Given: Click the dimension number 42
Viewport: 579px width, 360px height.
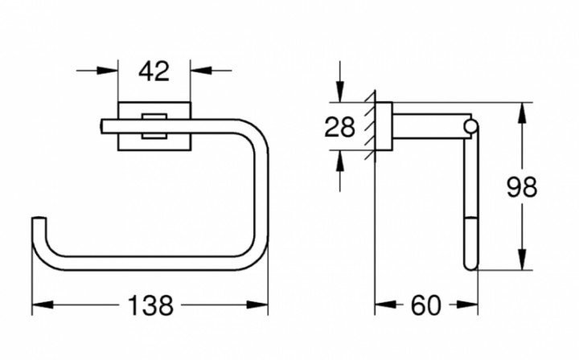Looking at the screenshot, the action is [x=154, y=72].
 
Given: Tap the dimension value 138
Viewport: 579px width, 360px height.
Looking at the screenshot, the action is [x=150, y=305].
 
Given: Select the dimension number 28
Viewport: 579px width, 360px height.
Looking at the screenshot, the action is [x=339, y=127].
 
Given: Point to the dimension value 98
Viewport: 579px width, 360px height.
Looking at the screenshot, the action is [x=521, y=187].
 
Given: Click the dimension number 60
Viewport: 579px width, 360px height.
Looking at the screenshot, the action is [x=425, y=305].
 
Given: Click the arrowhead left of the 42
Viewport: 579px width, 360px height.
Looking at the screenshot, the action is [x=108, y=70].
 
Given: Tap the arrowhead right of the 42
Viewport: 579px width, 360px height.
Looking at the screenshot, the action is [x=201, y=70].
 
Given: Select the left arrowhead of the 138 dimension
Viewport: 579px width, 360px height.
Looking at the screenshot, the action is [x=43, y=305].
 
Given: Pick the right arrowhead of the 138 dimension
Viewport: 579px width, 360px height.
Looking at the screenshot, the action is [x=257, y=305].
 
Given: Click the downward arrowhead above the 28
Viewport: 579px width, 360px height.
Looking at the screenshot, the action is [x=340, y=91].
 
